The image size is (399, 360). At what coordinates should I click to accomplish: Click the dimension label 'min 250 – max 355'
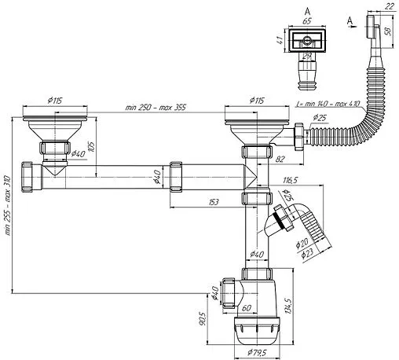point(156,108)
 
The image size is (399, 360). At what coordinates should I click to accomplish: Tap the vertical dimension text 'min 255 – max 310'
point(8,205)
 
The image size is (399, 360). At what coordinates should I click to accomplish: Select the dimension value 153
point(214,202)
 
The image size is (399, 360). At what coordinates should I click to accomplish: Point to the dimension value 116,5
point(290,180)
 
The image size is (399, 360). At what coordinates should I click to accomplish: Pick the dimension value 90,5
point(203,318)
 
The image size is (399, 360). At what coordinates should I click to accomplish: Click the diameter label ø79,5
point(257,353)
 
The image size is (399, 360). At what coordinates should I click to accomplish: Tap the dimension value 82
point(280,159)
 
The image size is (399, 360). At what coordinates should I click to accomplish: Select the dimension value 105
point(92,147)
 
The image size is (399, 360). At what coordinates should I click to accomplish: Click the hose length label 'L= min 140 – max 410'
point(328,104)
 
